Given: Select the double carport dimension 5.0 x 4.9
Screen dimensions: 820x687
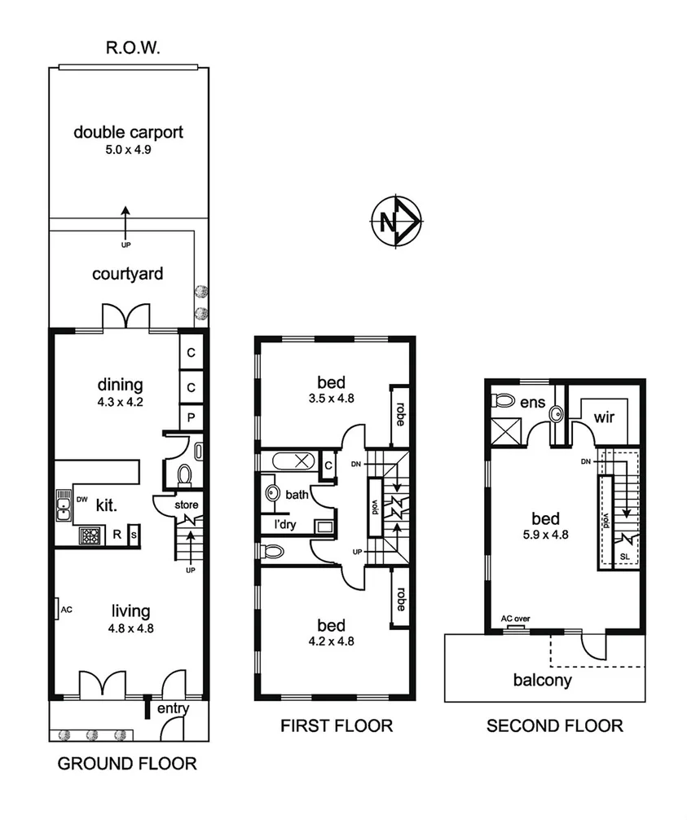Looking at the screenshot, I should (x=128, y=150).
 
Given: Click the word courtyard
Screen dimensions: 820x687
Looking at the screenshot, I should (x=127, y=274).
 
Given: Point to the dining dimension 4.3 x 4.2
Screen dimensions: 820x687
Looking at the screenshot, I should (x=120, y=401).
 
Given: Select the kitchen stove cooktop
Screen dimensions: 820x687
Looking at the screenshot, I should (x=89, y=535).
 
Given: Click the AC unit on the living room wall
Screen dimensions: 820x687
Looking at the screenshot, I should (x=59, y=608).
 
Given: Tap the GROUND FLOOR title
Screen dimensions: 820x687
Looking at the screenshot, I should (x=127, y=764).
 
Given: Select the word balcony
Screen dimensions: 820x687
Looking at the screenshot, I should (x=542, y=680).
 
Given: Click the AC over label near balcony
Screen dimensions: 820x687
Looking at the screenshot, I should (x=515, y=619).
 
